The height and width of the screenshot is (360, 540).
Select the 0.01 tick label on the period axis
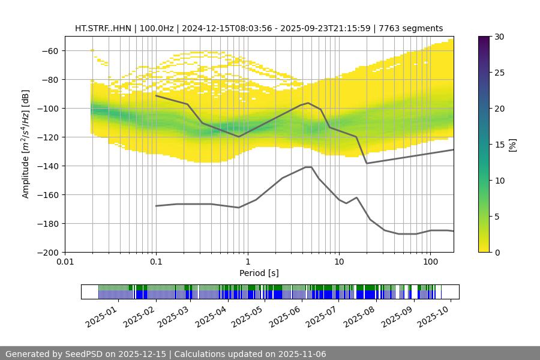(65, 262)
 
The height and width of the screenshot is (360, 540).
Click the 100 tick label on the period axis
(430, 262)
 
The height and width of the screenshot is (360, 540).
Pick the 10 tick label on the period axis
(338, 262)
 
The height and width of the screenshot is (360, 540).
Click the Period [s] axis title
(259, 273)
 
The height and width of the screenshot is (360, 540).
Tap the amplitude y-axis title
(25, 145)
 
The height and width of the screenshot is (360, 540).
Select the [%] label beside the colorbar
(512, 145)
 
